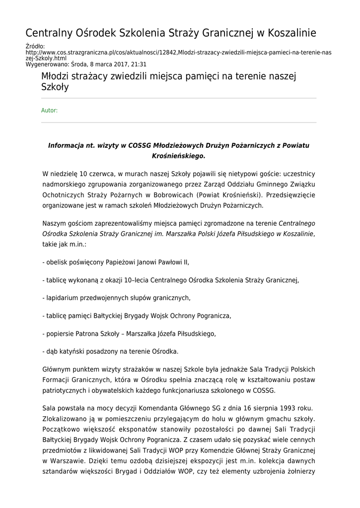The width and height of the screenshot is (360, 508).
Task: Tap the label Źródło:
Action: point(35,46)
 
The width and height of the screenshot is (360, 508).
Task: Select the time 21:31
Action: point(139,64)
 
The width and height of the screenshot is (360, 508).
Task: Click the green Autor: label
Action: point(49,110)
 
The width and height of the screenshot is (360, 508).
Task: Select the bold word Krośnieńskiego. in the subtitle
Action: point(178,156)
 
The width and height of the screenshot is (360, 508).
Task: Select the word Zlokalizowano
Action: point(65,419)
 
